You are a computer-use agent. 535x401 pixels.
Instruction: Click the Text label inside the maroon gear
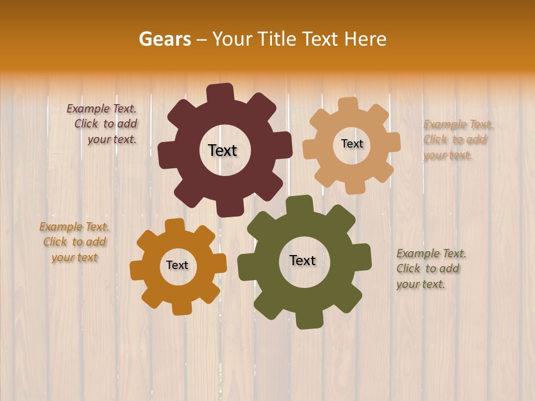(222, 150)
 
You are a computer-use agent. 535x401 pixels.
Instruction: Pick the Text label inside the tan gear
(352, 144)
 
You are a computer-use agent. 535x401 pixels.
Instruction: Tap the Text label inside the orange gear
(177, 265)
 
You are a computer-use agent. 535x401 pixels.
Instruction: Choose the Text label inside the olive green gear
(303, 260)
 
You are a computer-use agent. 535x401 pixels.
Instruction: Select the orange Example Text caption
(74, 242)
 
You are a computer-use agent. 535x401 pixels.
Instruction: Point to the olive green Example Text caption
(430, 269)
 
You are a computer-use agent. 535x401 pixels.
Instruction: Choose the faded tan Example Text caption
(456, 140)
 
